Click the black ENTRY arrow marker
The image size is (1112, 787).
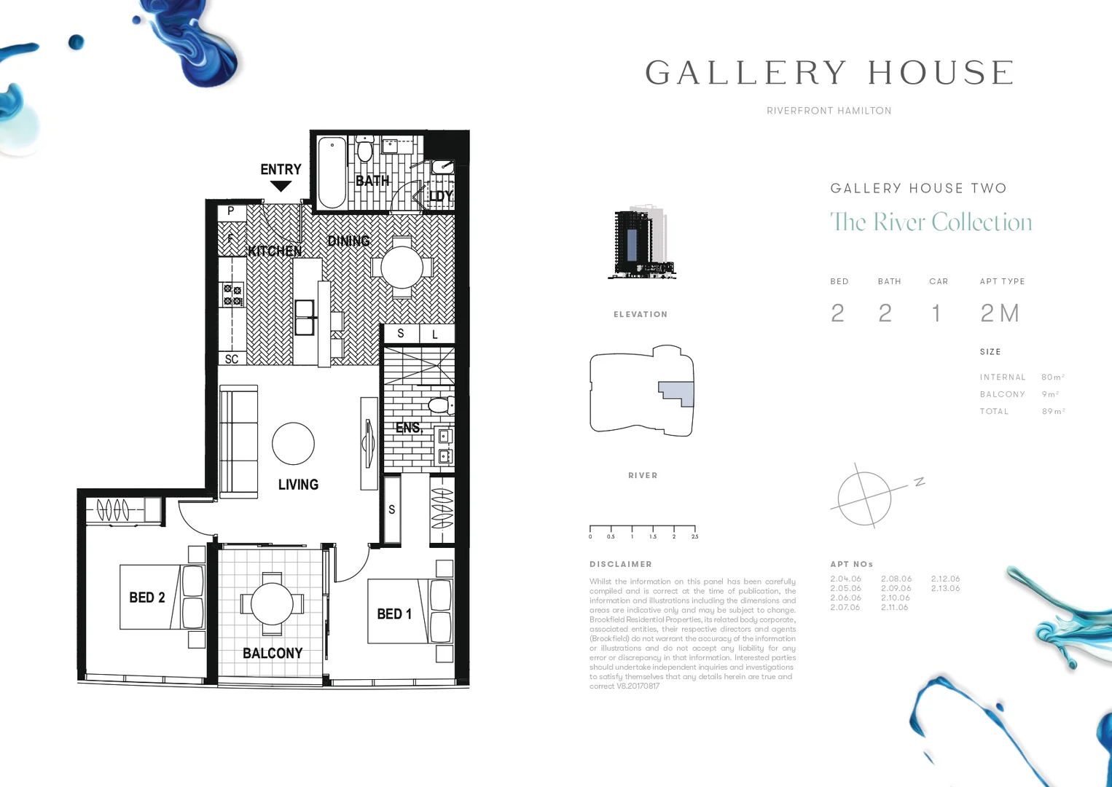(x=281, y=186)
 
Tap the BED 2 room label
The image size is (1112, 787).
(x=147, y=598)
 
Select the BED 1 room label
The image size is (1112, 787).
(x=394, y=614)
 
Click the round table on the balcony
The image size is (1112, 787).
(x=272, y=604)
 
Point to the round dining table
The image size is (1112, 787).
(x=402, y=267)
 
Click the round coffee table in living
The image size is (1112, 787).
(x=293, y=444)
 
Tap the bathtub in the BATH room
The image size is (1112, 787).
(x=332, y=172)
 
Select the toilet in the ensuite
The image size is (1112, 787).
(x=441, y=405)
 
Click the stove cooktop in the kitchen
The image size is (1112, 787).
(x=232, y=295)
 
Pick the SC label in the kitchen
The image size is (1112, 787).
(x=232, y=359)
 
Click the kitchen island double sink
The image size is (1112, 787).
(x=305, y=318)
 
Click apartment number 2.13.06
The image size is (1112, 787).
(x=945, y=588)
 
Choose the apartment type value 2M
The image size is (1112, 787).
(x=999, y=313)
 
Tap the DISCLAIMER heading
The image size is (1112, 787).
(x=621, y=564)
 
